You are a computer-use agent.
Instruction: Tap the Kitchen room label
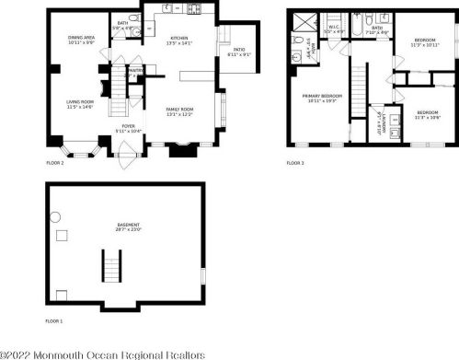click(x=179, y=40)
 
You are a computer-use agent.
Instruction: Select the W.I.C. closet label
click(x=335, y=30)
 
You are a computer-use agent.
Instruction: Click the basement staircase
click(x=112, y=269)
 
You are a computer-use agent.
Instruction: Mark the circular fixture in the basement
click(x=55, y=216)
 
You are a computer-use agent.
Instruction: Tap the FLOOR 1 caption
click(x=54, y=321)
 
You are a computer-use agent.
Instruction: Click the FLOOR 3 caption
click(x=294, y=163)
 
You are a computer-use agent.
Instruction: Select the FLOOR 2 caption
click(x=54, y=163)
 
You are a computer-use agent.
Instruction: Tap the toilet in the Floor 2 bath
click(x=134, y=18)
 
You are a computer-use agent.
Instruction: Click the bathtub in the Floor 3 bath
click(x=383, y=18)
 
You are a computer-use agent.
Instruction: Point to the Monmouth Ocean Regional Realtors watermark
click(x=101, y=353)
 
